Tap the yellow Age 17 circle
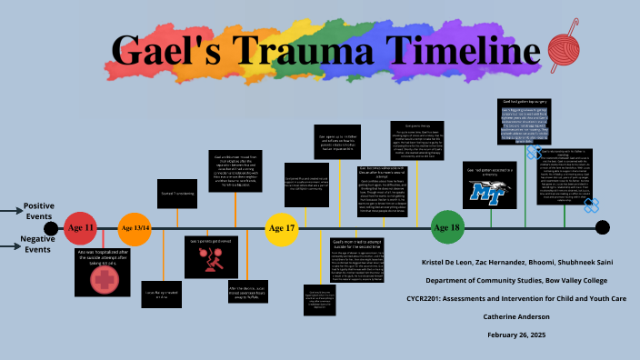tap(282, 228)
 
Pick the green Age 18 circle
tap(446, 227)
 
